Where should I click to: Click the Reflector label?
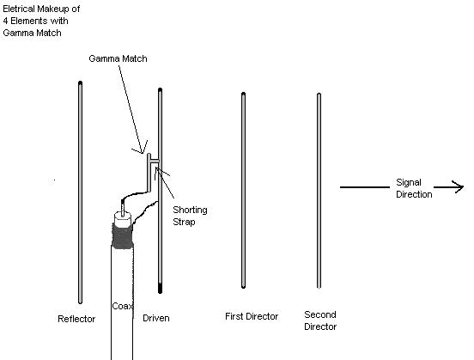point(76,319)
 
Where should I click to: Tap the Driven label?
point(156,318)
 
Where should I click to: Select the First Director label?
point(252,316)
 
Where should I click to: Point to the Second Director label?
point(320,320)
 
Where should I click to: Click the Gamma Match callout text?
point(118,58)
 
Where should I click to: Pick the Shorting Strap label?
point(190,216)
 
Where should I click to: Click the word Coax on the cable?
point(123,306)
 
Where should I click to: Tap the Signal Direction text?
point(414,188)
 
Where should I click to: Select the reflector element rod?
point(80,192)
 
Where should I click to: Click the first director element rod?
point(243,190)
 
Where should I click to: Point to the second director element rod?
point(319,191)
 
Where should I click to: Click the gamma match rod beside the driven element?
point(149,173)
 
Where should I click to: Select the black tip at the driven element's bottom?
point(161,289)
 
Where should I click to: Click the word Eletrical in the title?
point(18,9)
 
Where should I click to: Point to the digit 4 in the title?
point(5,21)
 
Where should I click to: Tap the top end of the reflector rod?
point(80,82)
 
